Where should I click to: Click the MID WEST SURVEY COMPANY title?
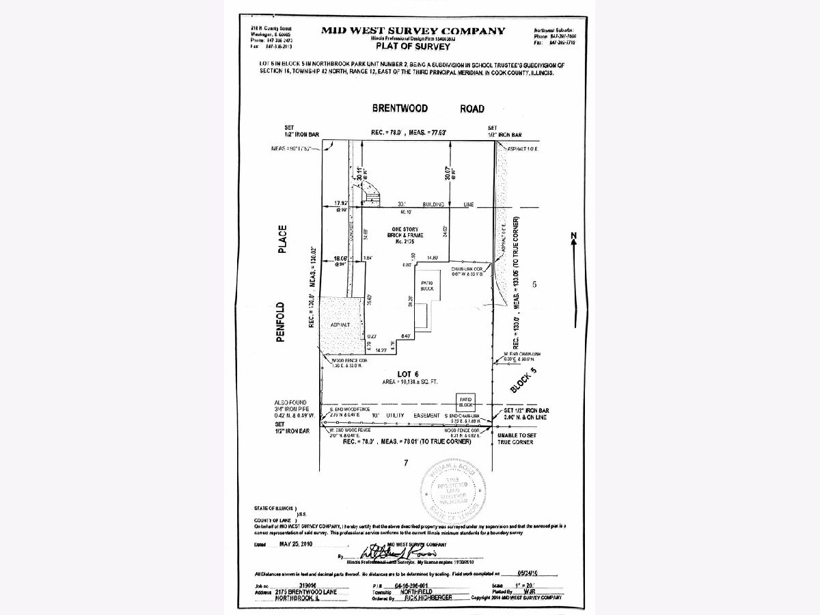[413, 31]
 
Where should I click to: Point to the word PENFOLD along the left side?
[282, 322]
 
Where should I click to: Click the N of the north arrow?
[574, 236]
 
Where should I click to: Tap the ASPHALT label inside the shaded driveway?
[339, 325]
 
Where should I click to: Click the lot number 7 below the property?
[406, 463]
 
